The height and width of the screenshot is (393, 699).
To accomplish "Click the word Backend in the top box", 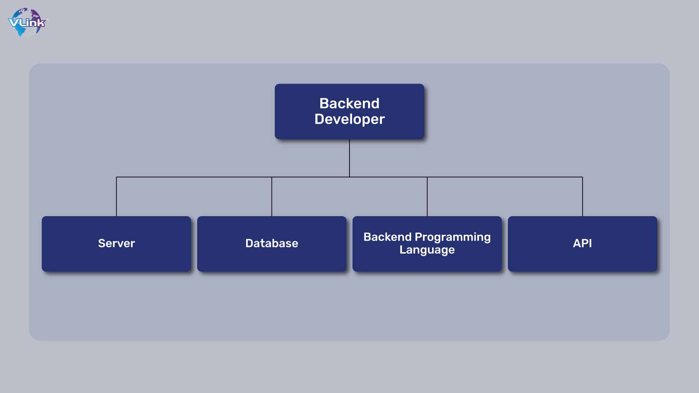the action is [349, 103].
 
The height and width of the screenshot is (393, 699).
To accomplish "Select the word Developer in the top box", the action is [349, 119].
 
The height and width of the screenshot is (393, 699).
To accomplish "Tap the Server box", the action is [116, 244].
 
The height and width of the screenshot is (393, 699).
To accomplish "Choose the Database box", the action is [272, 244].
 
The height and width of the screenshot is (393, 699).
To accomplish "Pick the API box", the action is [582, 244].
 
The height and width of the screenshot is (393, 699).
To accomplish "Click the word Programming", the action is [453, 237].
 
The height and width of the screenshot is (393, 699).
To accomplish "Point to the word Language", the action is [427, 250].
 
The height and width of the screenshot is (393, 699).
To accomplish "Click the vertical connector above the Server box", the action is [116, 196].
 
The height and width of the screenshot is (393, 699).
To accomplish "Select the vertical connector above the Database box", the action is [272, 196].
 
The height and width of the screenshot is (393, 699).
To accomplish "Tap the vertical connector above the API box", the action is [582, 196].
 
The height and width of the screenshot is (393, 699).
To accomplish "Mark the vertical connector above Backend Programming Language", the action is [427, 196].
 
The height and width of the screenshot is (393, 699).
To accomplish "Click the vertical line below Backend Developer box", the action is [349, 158].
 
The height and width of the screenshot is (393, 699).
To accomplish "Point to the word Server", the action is [116, 243].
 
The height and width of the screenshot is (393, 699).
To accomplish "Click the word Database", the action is [272, 243].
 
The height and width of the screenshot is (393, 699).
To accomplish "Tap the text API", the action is [582, 243].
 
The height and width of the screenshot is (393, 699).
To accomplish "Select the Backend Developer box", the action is [349, 111].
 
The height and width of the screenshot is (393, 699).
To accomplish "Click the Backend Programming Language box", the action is [427, 244].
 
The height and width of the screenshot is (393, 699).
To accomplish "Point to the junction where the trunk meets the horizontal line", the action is [349, 177].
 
